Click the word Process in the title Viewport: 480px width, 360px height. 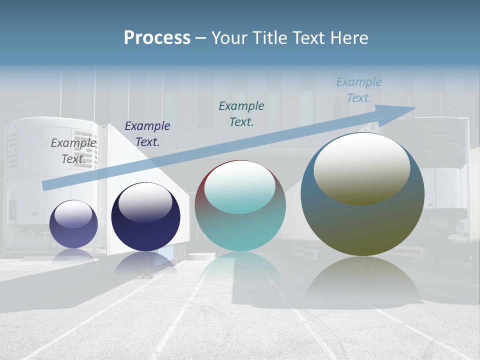157,38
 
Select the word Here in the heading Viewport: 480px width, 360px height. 348,38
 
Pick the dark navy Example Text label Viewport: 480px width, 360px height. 147,134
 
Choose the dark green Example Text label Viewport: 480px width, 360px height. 241,113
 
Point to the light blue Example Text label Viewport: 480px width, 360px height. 358,90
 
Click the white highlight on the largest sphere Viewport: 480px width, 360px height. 362,167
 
